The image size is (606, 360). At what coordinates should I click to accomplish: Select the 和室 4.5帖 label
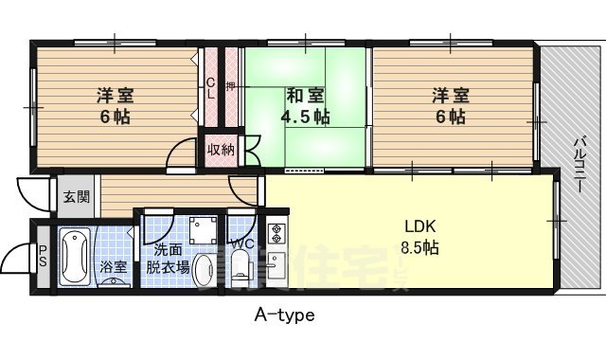(304, 107)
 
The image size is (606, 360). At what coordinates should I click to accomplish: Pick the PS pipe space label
(42, 257)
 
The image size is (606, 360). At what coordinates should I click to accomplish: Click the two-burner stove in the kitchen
(276, 231)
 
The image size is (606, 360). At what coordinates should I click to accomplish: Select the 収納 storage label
(222, 149)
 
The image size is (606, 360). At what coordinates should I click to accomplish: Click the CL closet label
(210, 87)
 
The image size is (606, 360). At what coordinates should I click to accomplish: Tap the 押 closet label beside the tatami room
(230, 87)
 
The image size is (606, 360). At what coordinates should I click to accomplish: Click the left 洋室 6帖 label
(115, 106)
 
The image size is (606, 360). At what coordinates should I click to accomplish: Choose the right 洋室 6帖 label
(450, 106)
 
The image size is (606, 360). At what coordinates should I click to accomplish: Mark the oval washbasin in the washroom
(120, 283)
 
